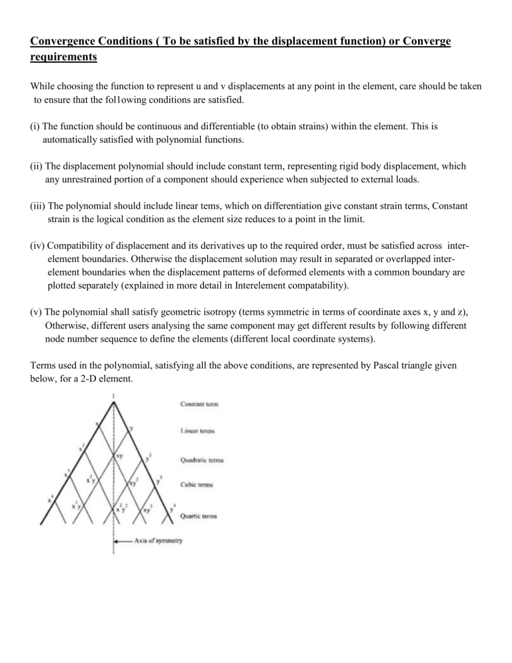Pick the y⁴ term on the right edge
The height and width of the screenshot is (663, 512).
(x=171, y=511)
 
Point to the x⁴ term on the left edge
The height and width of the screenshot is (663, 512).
(x=51, y=498)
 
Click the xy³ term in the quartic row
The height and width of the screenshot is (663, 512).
(x=146, y=508)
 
